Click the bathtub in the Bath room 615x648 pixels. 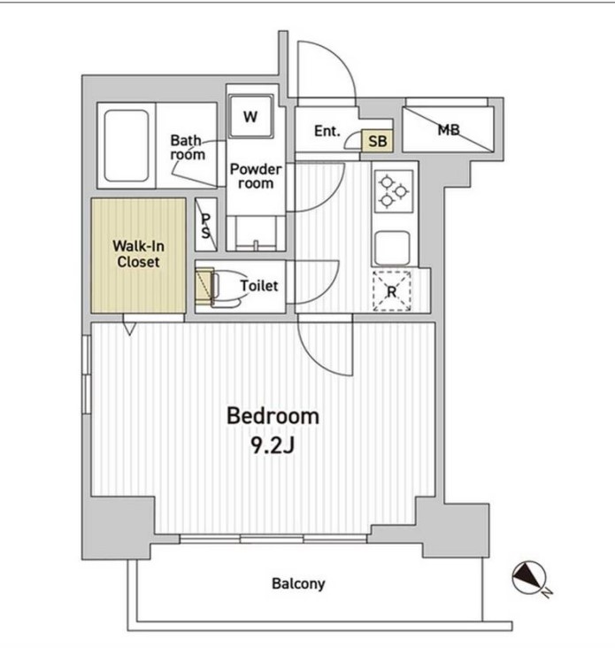coord(127,145)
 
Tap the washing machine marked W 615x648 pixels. coord(250,117)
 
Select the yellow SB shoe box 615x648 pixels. coord(377,141)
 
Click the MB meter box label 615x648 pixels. coord(449,130)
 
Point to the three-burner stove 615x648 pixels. coord(393,192)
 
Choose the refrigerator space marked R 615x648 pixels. coord(391,291)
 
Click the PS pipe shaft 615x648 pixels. coord(205,225)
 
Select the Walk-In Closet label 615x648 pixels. coord(138,254)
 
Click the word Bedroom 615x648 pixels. coord(273,416)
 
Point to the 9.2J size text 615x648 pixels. coord(273,445)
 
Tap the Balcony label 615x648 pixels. coord(298,583)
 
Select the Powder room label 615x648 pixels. coord(256,175)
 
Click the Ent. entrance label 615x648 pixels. coord(327,131)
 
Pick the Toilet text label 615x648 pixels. coord(259,286)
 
